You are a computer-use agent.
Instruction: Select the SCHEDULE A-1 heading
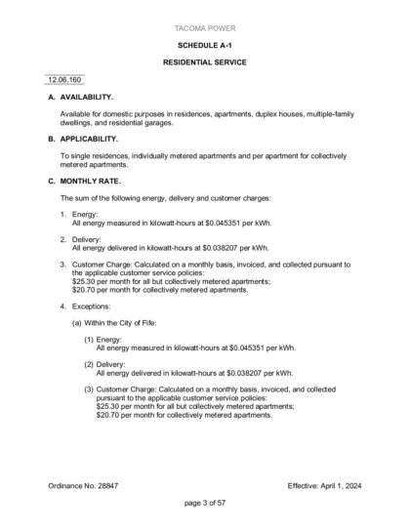pyautogui.click(x=205, y=45)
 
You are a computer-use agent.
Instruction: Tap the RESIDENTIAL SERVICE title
pyautogui.click(x=205, y=61)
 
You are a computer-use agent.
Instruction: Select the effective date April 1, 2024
pyautogui.click(x=343, y=485)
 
